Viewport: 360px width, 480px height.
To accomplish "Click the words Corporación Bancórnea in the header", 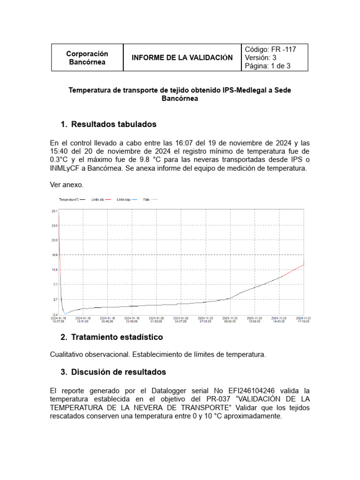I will [87, 58].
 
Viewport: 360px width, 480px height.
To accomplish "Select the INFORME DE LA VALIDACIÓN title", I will [182, 58].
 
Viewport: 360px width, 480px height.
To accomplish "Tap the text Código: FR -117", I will [270, 49].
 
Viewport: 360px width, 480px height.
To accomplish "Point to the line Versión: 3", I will [261, 58].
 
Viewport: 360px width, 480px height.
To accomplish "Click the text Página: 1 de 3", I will [268, 66].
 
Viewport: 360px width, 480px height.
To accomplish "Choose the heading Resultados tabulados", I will [113, 124].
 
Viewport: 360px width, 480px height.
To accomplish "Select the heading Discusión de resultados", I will [119, 372].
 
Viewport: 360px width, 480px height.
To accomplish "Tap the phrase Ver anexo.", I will [67, 185].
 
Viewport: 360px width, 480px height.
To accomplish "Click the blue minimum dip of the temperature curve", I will [66, 313].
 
